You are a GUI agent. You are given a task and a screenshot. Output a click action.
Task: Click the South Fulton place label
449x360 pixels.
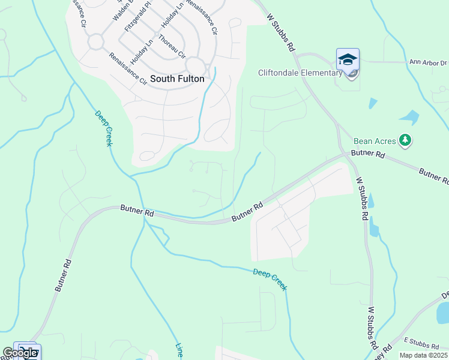click(177, 79)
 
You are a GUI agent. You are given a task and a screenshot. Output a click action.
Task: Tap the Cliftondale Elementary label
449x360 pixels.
click(300, 73)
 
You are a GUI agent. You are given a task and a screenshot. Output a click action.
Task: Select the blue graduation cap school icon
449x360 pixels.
click(348, 59)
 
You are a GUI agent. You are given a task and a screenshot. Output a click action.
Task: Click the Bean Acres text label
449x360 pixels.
click(375, 141)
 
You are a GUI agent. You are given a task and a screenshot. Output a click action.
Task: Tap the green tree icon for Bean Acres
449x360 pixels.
click(406, 140)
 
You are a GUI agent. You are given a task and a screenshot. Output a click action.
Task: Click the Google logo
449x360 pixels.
click(20, 353)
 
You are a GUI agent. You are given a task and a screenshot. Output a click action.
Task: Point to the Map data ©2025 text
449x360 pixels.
click(423, 355)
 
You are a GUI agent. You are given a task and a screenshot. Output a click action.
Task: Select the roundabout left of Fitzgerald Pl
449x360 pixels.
click(95, 41)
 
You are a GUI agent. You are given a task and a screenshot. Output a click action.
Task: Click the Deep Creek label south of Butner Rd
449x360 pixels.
click(270, 279)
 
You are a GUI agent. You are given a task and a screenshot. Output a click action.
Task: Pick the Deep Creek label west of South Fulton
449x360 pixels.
click(104, 128)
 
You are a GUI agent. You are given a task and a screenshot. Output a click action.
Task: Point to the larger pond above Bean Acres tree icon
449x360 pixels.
click(409, 116)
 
